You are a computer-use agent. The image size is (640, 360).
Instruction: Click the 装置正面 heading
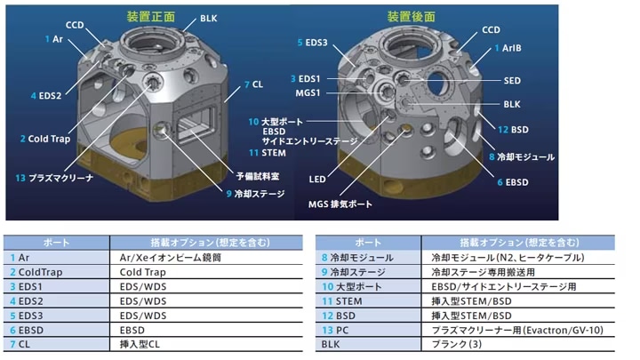tap(150, 17)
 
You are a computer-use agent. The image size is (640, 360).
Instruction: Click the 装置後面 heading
tap(411, 17)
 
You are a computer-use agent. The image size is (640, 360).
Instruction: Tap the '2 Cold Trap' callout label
tap(45, 139)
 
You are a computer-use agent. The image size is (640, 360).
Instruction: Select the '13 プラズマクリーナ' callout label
tap(54, 178)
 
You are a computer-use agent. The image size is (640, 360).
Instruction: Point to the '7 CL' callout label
tap(253, 84)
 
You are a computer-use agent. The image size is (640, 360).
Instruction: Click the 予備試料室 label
tap(258, 176)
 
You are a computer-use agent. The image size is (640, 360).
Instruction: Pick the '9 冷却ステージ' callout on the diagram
tap(255, 194)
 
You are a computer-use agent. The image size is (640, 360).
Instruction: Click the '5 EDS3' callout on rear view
tap(312, 43)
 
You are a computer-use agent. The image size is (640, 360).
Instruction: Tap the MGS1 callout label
tap(308, 93)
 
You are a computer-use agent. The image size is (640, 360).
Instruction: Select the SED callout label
tap(512, 81)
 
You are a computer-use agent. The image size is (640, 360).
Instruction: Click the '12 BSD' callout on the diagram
tap(513, 130)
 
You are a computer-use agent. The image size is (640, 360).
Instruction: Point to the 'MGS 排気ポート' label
tap(340, 204)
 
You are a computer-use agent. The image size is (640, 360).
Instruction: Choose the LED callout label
tap(317, 180)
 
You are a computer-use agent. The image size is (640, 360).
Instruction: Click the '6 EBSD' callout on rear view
tap(513, 182)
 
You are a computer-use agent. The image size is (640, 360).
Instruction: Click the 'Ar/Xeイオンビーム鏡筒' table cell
tap(170, 258)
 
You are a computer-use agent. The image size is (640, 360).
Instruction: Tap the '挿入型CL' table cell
tap(140, 345)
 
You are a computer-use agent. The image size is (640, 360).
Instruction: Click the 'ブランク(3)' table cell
tap(457, 345)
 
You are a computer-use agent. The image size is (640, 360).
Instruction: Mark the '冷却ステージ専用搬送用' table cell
tap(483, 272)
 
